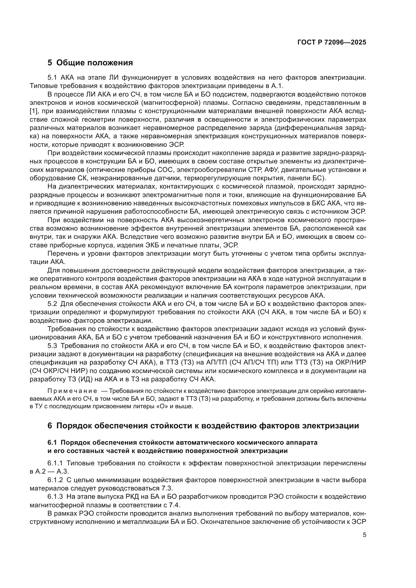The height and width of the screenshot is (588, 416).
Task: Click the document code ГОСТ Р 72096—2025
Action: (332, 42)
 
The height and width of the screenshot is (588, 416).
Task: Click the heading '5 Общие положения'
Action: (90, 63)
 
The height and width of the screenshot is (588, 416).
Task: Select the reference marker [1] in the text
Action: (33, 111)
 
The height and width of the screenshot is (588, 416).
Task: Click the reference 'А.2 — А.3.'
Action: (50, 471)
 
